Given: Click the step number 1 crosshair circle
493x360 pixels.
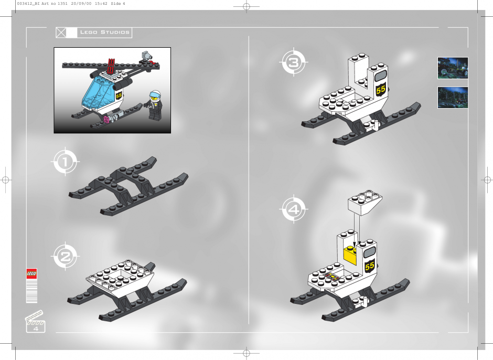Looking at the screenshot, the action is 66,162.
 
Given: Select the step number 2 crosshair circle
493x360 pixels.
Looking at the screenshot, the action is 66,257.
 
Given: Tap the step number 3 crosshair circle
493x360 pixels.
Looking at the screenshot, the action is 294,62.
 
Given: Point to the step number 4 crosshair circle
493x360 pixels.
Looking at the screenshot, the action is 294,209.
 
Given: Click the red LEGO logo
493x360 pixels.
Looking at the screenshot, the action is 31,273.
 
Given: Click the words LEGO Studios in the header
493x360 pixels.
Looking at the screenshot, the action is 105,32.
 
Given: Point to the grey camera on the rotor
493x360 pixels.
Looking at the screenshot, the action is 146,56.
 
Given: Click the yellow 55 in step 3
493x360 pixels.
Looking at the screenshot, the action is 381,89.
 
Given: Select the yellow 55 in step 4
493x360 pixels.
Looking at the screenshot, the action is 370,266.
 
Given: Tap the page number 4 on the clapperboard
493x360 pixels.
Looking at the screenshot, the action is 36,329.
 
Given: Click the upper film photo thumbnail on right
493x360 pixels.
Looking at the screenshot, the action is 453,68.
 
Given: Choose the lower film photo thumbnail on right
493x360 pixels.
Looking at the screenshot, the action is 453,98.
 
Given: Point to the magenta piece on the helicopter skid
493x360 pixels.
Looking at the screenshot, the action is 107,120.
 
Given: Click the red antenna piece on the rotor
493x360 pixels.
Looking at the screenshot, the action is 111,66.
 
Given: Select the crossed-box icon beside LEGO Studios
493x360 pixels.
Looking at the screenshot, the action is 61,33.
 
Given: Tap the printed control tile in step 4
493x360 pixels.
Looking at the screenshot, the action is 331,277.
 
